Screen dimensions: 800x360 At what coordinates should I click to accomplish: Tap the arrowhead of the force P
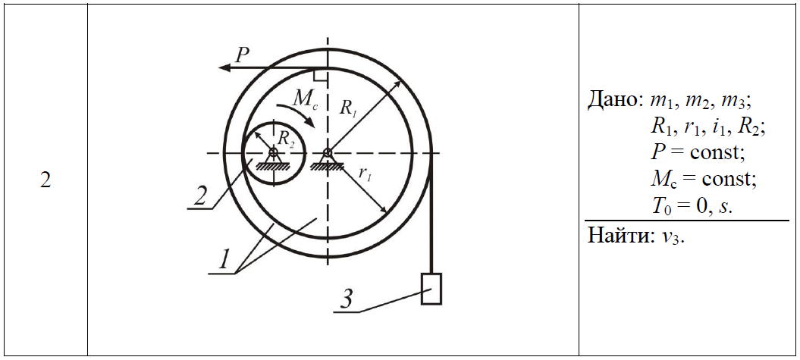pos(223,67)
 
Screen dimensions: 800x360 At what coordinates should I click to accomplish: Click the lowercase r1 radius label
pos(364,174)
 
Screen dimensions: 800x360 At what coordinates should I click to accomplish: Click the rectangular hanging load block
pos(431,289)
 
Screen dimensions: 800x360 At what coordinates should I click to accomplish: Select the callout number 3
pos(346,299)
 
